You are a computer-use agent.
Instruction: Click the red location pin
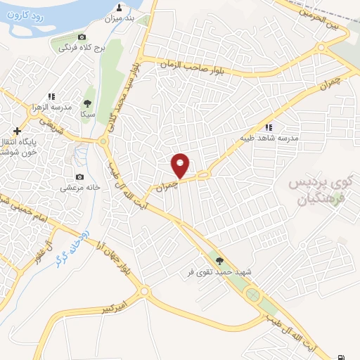[181, 165]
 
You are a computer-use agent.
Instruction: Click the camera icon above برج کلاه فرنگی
[82, 37]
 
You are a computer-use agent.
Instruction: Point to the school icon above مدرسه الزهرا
[51, 96]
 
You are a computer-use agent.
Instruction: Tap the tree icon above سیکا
[87, 103]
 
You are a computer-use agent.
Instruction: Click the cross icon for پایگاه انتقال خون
[18, 131]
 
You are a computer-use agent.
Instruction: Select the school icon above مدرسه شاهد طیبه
[268, 127]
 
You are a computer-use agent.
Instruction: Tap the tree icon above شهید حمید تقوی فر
[219, 260]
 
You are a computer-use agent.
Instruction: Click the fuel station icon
[342, 356]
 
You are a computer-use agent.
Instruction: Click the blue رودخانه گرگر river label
[70, 246]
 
